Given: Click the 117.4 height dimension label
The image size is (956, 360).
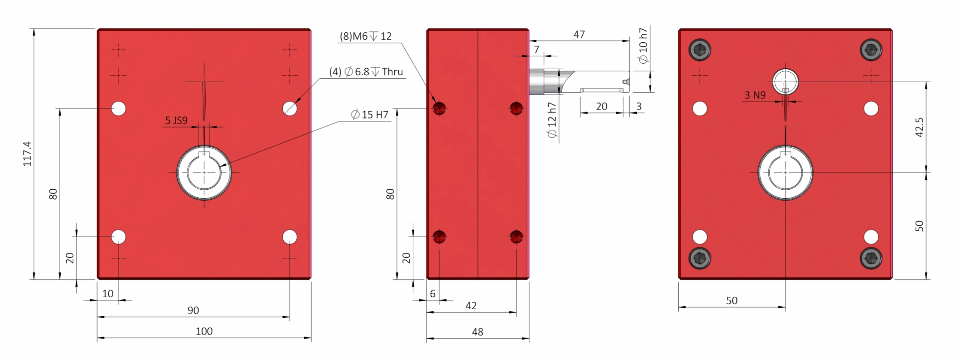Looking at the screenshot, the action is (x=27, y=154).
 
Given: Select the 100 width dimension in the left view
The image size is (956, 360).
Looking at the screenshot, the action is (x=204, y=331).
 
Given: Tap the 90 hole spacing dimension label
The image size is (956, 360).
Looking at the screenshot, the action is (x=193, y=310).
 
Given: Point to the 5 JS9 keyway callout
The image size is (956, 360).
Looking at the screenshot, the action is (x=176, y=120).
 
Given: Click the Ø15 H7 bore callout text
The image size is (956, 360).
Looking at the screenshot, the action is (x=369, y=115).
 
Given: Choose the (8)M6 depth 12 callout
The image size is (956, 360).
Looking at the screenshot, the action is (x=365, y=36).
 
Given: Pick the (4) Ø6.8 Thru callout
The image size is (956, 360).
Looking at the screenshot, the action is (x=366, y=72).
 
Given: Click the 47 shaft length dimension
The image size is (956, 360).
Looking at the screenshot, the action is (x=579, y=34).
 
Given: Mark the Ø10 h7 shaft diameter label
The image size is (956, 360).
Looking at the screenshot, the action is (x=643, y=46).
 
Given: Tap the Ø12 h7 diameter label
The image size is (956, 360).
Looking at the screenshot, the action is (x=552, y=120).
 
